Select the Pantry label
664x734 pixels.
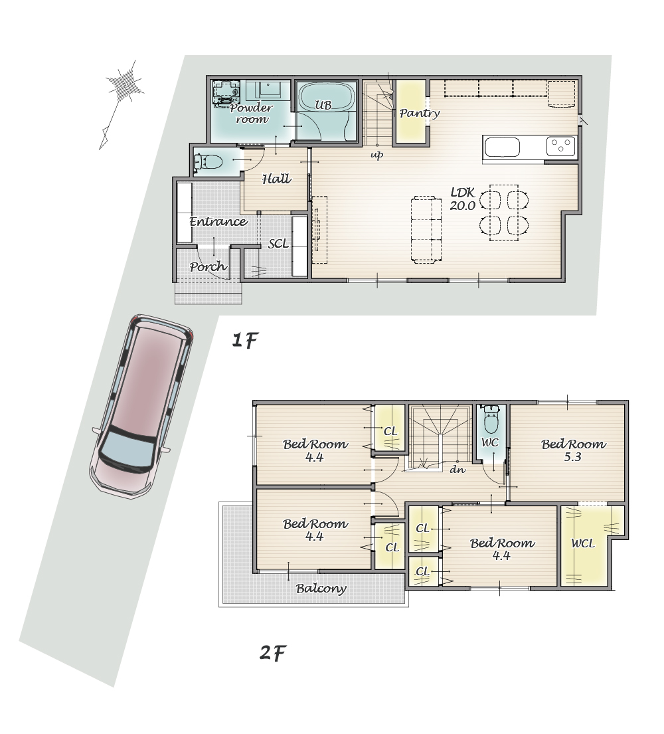(x=419, y=113)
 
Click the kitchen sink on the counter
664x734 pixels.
(x=501, y=148)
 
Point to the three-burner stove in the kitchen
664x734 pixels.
(x=560, y=146)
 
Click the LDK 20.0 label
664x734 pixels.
(x=463, y=199)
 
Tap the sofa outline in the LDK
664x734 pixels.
(x=426, y=229)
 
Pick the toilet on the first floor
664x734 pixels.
(x=208, y=162)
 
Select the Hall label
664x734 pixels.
(x=276, y=179)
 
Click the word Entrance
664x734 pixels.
(x=218, y=221)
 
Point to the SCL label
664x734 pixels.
(x=278, y=243)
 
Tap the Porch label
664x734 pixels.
(x=208, y=267)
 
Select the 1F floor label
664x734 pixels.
(x=245, y=340)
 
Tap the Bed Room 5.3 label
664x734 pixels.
(x=573, y=450)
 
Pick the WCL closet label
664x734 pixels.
(x=583, y=543)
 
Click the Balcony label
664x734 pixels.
(x=321, y=589)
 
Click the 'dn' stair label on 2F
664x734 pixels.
(x=457, y=468)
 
